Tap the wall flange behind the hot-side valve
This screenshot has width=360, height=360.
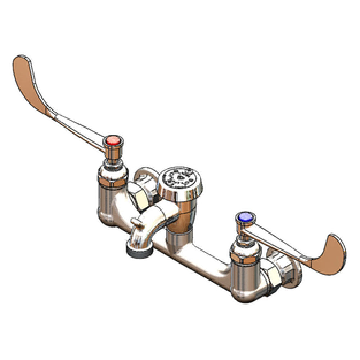[x=146, y=176]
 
